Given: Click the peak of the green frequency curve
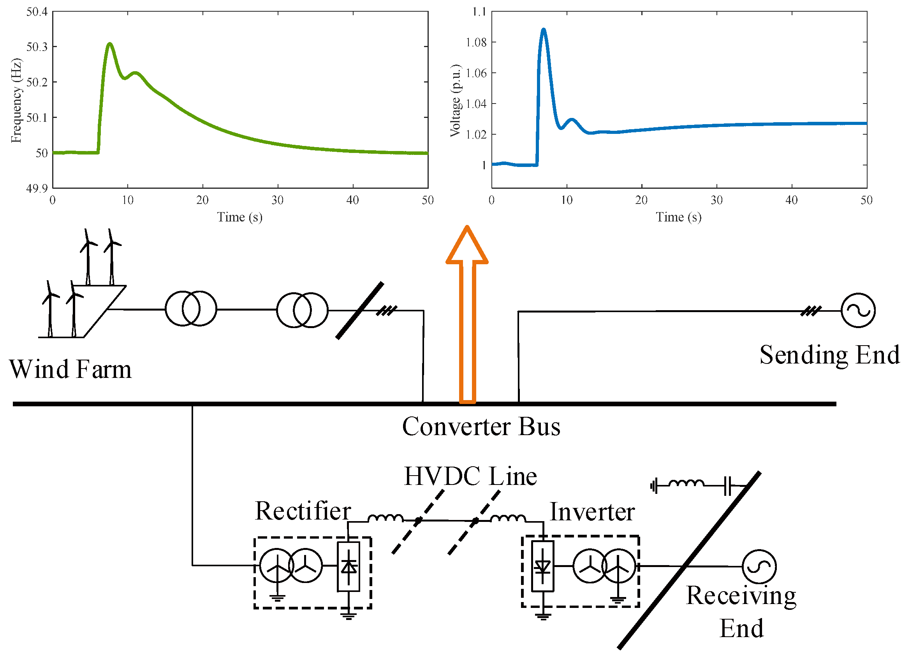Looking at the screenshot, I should [x=110, y=44].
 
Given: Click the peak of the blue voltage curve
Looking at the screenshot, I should [x=544, y=30].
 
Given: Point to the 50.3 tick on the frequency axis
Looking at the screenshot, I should [x=37, y=47].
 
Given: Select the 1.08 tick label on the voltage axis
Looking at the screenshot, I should [x=476, y=42].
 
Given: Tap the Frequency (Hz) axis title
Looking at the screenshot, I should [x=16, y=100].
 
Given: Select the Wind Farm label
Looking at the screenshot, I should [x=70, y=369].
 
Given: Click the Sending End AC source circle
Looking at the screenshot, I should [x=858, y=311].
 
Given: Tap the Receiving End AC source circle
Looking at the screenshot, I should [x=759, y=566].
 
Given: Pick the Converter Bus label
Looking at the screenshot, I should [x=481, y=427].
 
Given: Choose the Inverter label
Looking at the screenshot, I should [x=592, y=512].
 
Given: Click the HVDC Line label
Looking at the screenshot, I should [x=470, y=476].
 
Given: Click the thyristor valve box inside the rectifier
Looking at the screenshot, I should [x=349, y=566].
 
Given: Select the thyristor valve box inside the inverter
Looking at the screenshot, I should [x=543, y=566].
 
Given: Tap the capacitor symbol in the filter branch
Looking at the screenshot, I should [x=727, y=486].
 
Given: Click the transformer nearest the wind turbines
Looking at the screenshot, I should [x=191, y=309].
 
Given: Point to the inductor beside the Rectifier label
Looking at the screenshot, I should [x=385, y=518].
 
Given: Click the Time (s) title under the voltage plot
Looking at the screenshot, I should [x=678, y=217].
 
